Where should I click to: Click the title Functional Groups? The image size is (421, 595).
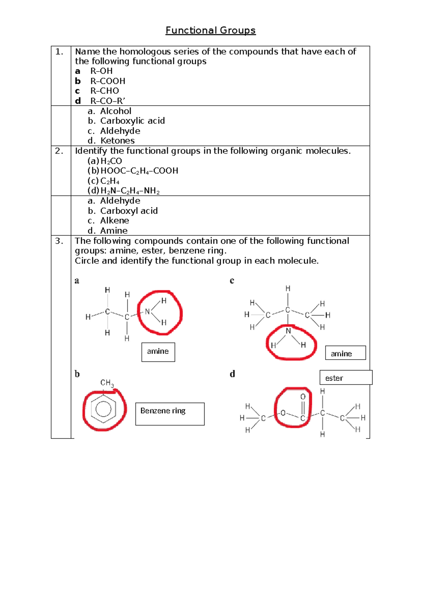(210, 31)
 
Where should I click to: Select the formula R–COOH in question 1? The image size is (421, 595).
(108, 81)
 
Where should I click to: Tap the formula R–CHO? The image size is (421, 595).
(105, 91)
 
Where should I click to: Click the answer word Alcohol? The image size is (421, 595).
(115, 111)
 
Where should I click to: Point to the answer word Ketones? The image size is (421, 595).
(117, 141)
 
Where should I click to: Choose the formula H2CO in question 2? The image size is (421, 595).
(111, 161)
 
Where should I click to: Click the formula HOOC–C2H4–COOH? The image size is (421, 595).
(139, 171)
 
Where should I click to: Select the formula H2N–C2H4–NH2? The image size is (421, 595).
(130, 191)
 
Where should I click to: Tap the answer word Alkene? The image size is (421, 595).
(114, 221)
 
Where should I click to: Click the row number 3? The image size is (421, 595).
(59, 241)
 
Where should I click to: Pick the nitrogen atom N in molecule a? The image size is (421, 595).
(147, 312)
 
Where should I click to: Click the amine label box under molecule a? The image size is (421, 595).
(158, 352)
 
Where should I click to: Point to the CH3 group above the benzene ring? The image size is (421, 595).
(107, 383)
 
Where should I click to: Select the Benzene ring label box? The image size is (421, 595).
(170, 414)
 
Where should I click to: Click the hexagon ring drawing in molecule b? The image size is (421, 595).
(103, 409)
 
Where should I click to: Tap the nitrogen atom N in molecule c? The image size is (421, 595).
(288, 331)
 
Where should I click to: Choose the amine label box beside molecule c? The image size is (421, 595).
(345, 353)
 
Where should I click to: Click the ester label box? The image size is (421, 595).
(346, 378)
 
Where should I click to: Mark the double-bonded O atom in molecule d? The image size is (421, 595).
(303, 397)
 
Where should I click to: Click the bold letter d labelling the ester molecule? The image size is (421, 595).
(232, 374)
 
